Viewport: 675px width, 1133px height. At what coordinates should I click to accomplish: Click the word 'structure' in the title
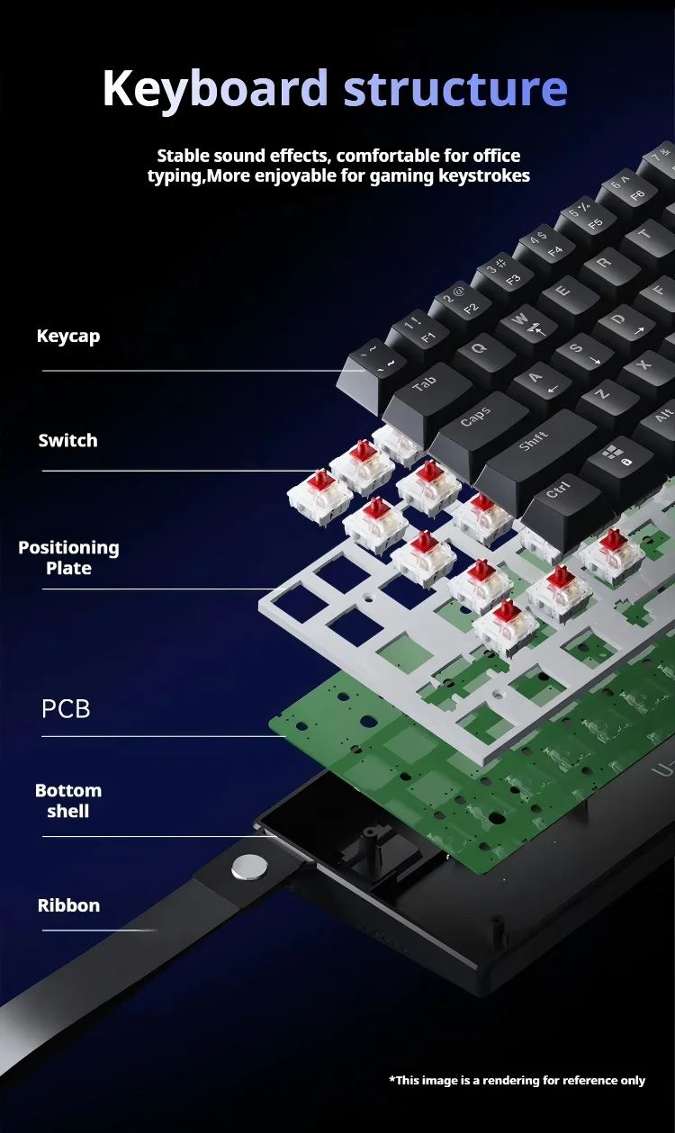point(455,88)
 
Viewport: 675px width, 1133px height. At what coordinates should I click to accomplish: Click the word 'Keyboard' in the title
point(216,89)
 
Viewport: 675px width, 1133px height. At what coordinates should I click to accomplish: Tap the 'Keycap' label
point(68,337)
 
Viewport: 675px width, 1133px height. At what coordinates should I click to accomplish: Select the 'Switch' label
point(67,441)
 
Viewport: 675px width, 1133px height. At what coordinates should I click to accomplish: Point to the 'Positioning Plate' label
point(68,558)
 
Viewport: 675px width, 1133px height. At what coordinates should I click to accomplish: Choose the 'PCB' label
point(66,708)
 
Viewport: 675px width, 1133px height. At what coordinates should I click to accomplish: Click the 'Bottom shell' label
point(68,801)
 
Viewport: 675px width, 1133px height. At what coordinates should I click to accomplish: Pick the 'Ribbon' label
point(68,905)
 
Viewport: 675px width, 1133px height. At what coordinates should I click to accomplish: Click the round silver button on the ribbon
point(249,867)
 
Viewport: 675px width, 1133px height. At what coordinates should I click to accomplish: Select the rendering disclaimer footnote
point(517,1080)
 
